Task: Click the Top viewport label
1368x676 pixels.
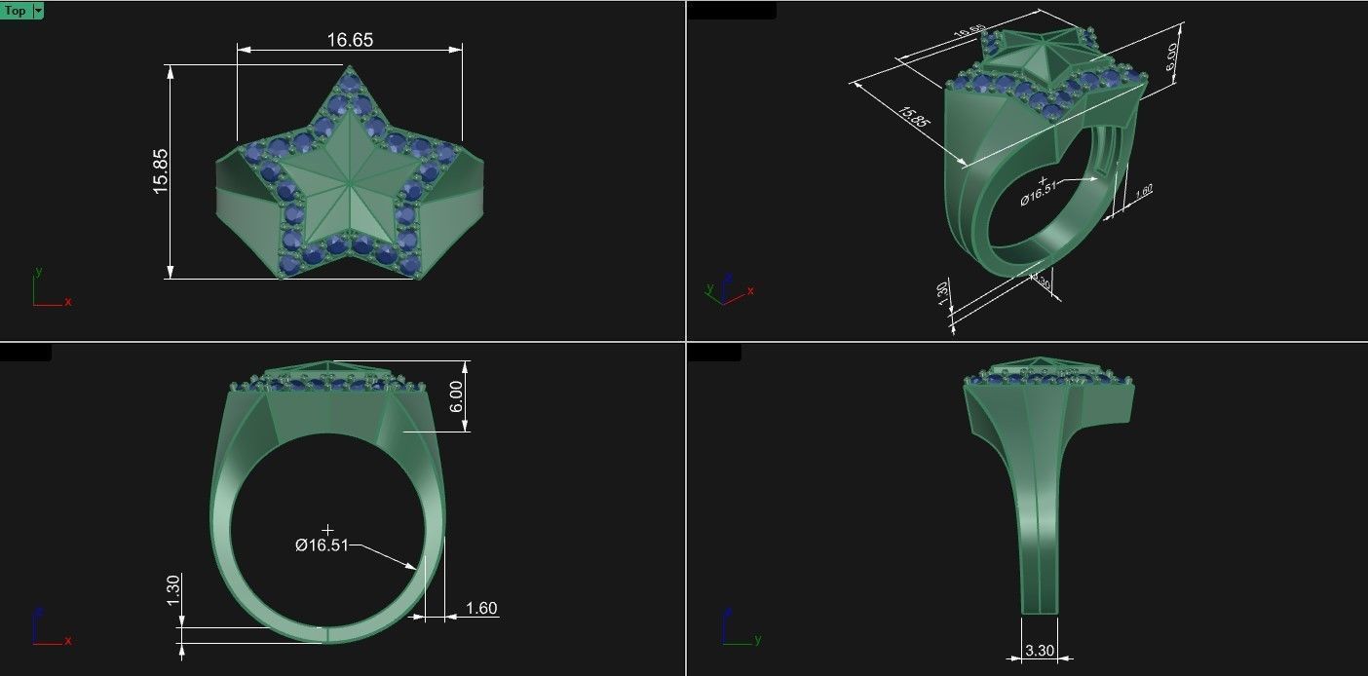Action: [16, 11]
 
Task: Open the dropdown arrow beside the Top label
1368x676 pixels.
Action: [38, 11]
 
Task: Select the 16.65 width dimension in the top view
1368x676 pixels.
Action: [350, 40]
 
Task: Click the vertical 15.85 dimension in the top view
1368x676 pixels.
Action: [161, 171]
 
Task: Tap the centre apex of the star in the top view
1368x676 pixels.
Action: [348, 178]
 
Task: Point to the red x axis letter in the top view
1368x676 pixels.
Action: [68, 302]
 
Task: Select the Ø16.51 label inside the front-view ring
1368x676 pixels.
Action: [322, 545]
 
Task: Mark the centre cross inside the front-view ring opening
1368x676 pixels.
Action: [327, 529]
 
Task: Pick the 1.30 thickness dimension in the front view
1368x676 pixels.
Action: [173, 588]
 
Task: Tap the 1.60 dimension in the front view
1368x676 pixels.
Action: [481, 609]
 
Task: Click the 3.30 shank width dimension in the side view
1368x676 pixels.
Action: [1040, 650]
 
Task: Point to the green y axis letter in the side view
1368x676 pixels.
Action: [757, 640]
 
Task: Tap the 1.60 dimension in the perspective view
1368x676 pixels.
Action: [1144, 192]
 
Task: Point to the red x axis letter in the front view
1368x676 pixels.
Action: [68, 640]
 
